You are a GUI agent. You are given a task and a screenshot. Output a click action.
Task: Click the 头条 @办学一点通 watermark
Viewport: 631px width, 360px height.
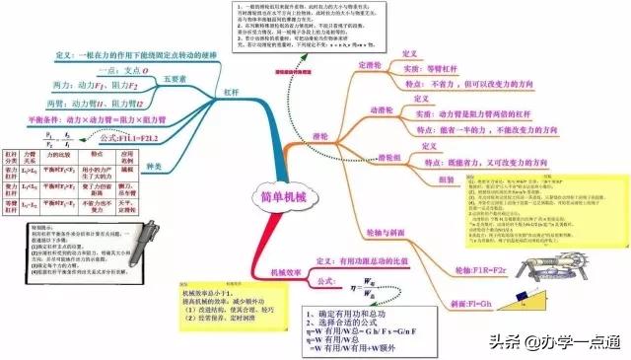click(x=558, y=341)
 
